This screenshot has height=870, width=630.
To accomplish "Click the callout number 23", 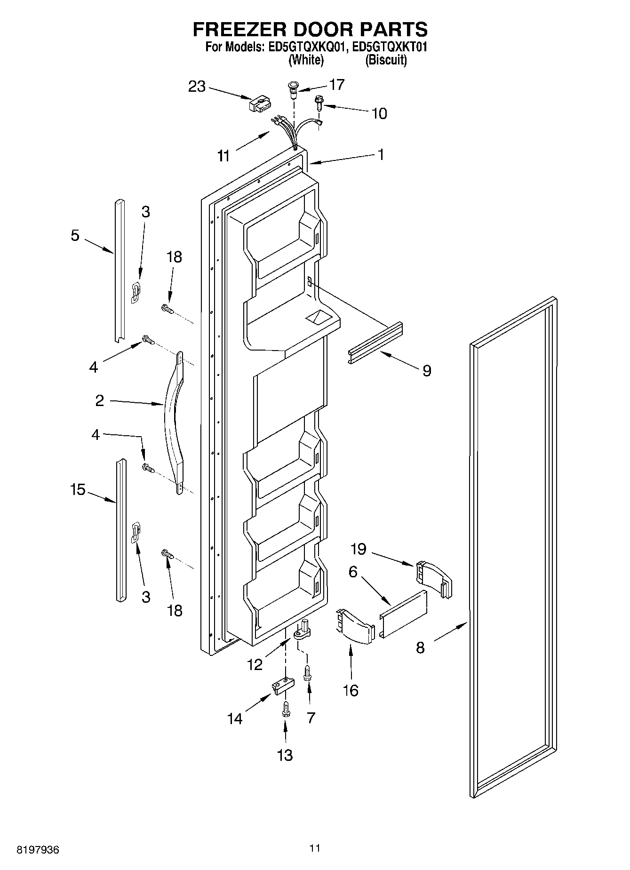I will pyautogui.click(x=197, y=87).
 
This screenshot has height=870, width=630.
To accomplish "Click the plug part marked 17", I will pyautogui.click(x=293, y=89).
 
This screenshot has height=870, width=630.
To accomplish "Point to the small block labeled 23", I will pyautogui.click(x=260, y=104).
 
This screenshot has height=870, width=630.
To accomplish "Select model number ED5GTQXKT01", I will pyautogui.click(x=389, y=47).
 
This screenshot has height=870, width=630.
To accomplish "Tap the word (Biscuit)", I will pyautogui.click(x=386, y=60).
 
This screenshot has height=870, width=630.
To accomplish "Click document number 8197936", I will pyautogui.click(x=38, y=850).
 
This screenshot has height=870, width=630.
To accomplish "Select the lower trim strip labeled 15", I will pyautogui.click(x=121, y=530).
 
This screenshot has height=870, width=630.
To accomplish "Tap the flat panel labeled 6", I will pyautogui.click(x=404, y=614).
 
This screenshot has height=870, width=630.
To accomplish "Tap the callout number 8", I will pyautogui.click(x=420, y=647).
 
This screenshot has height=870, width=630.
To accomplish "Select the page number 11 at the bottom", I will pyautogui.click(x=315, y=848).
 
